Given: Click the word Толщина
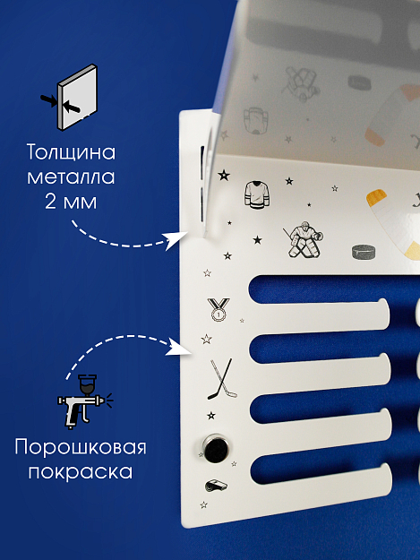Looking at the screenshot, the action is point(72,152).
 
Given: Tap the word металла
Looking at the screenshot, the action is point(71,177).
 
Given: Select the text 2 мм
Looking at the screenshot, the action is point(71,202).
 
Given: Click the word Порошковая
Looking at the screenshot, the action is point(81,447).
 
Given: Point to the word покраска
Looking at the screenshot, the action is point(81,472).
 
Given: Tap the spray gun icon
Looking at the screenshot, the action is point(85,401).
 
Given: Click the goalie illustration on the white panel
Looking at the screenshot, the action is point(304,239).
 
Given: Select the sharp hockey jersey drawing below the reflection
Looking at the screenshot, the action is point(257,194).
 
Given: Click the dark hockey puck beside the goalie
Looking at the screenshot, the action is point(364,252).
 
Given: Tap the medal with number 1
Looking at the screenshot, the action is point(219,309).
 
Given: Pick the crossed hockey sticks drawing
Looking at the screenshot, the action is point(222,379).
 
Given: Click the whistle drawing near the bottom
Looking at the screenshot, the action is point(216,486).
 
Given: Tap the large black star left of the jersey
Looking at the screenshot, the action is point(224,176).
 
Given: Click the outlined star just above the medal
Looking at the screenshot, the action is point(207,273).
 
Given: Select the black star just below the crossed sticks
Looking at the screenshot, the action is point(211,416).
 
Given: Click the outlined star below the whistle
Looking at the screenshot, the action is point(204,505).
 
